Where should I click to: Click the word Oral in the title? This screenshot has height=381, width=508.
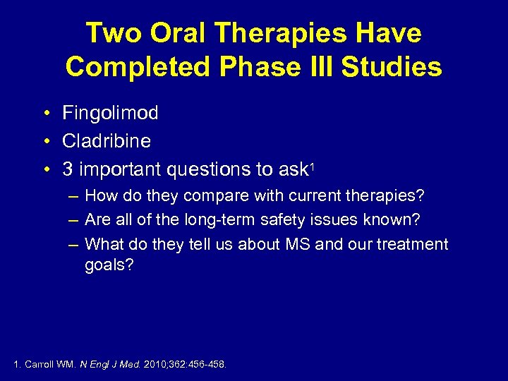point(172,33)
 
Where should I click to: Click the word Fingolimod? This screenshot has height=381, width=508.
point(110,113)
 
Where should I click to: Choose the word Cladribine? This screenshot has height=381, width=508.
point(107,141)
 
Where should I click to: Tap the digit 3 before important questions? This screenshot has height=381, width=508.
point(68,169)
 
